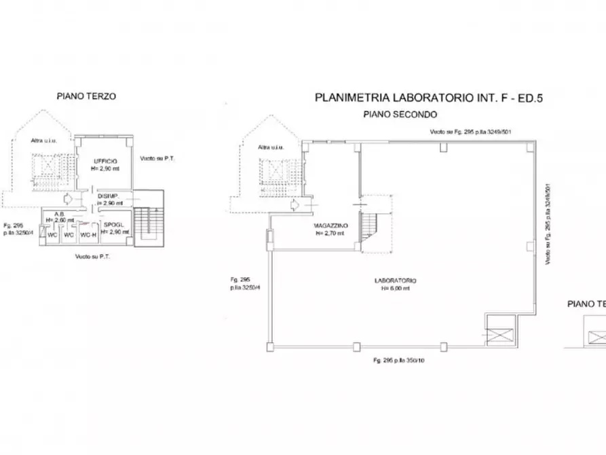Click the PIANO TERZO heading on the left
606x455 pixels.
[x=86, y=96]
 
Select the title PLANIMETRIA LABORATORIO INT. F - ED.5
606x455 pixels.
[x=429, y=98]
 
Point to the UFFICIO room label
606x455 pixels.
[x=105, y=161]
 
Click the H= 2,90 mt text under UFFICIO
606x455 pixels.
[x=106, y=168]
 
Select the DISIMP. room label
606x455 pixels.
[x=109, y=196]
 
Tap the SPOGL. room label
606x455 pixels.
[x=113, y=224]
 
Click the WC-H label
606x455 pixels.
[x=87, y=235]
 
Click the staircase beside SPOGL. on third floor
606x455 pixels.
[x=145, y=222]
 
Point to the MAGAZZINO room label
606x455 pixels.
[x=331, y=225]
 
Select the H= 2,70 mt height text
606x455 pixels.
[x=330, y=233]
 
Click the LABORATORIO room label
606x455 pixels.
[x=395, y=280]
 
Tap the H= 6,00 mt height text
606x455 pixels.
[x=395, y=288]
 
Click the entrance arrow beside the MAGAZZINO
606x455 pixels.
[x=294, y=204]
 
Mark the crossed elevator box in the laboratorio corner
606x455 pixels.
[x=499, y=331]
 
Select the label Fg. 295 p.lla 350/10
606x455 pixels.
[x=400, y=359]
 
